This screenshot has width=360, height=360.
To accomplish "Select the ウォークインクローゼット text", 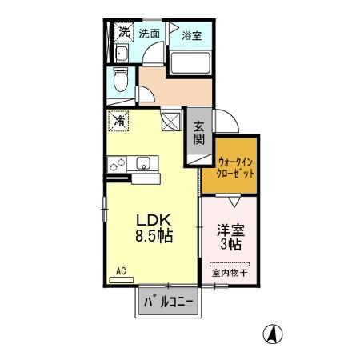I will [x=236, y=166].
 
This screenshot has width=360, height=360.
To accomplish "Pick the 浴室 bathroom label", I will [x=190, y=36].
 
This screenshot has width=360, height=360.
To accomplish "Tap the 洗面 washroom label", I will [x=150, y=34].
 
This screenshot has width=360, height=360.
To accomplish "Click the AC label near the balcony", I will [x=122, y=271].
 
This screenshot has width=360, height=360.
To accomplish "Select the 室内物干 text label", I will [x=230, y=274].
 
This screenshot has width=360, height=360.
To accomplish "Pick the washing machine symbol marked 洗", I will [x=123, y=33].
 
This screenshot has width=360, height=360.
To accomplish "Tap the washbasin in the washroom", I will [x=122, y=54].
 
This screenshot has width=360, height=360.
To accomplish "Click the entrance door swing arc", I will [x=226, y=122].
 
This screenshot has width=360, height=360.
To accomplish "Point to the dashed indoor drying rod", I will [x=230, y=264].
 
